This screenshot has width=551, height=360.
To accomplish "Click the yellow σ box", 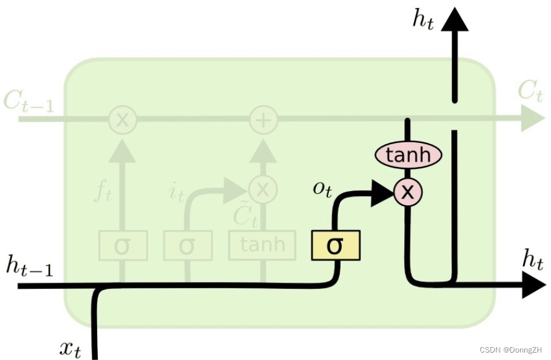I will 335,246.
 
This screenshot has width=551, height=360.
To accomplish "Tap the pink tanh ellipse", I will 408,155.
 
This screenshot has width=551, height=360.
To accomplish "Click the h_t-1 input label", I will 29,266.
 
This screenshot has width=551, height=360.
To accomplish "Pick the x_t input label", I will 70,348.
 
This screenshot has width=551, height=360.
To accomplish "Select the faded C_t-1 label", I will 28,101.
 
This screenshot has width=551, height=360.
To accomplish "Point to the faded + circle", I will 263,119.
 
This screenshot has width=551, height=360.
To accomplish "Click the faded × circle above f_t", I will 123,119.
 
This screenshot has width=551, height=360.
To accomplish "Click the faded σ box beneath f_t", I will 123,245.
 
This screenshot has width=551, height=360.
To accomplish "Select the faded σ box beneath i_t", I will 188,245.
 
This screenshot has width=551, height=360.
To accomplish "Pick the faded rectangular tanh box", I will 263,244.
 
